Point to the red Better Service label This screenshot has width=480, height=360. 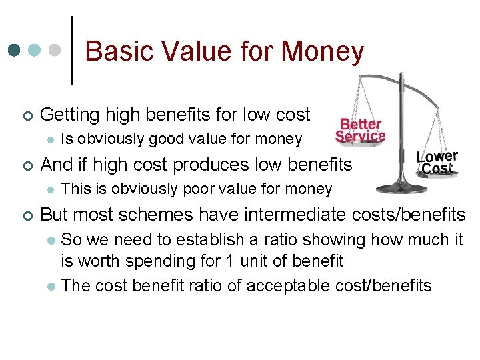[x=360, y=130]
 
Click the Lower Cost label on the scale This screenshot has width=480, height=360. [x=437, y=163]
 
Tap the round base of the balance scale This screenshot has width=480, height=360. [x=400, y=187]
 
